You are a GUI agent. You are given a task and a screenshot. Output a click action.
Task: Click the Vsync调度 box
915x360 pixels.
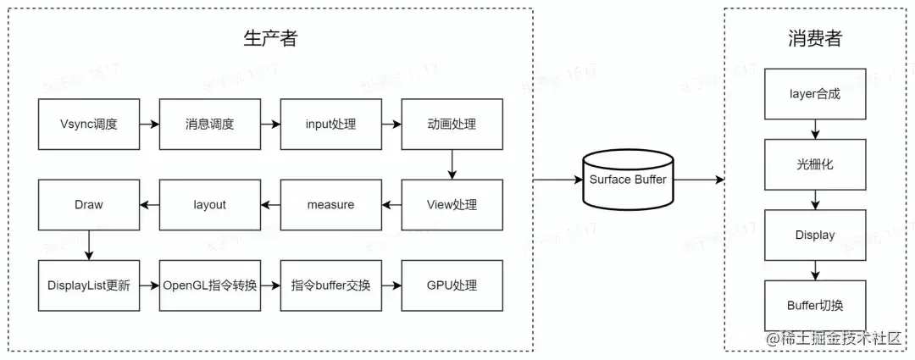tap(89, 125)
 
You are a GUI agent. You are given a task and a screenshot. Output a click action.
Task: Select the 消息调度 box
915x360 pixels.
tap(209, 125)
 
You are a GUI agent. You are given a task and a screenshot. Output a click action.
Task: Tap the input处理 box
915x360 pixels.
tap(330, 125)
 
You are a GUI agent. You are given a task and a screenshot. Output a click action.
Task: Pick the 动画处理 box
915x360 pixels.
tap(452, 125)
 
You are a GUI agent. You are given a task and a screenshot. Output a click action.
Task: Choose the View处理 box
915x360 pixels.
tap(452, 204)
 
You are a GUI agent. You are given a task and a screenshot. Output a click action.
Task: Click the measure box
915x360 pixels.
tap(330, 204)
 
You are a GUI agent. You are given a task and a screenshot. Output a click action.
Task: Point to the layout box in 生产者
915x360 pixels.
tap(209, 204)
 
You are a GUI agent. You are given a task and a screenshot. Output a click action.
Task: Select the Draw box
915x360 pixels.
tap(89, 204)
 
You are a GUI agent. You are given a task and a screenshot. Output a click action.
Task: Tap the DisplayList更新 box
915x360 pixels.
tap(89, 285)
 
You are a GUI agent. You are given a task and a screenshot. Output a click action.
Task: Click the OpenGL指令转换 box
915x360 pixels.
tap(209, 285)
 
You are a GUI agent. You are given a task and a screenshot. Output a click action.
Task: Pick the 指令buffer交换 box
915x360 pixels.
tap(330, 285)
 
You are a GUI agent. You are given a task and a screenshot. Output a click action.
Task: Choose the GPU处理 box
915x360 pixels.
tap(452, 285)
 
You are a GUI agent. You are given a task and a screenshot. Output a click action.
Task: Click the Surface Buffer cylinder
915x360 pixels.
tap(628, 179)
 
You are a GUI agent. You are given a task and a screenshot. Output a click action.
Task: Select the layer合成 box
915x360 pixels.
tap(815, 94)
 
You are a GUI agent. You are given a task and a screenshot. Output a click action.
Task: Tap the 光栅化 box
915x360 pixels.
tap(815, 164)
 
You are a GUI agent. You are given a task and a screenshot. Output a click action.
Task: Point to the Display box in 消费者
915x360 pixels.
tap(815, 235)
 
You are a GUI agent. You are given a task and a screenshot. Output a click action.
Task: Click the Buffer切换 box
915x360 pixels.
tap(815, 305)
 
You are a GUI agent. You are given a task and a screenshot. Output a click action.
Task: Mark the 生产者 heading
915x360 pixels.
tap(270, 38)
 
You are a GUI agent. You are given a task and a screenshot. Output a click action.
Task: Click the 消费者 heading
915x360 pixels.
tap(814, 38)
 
